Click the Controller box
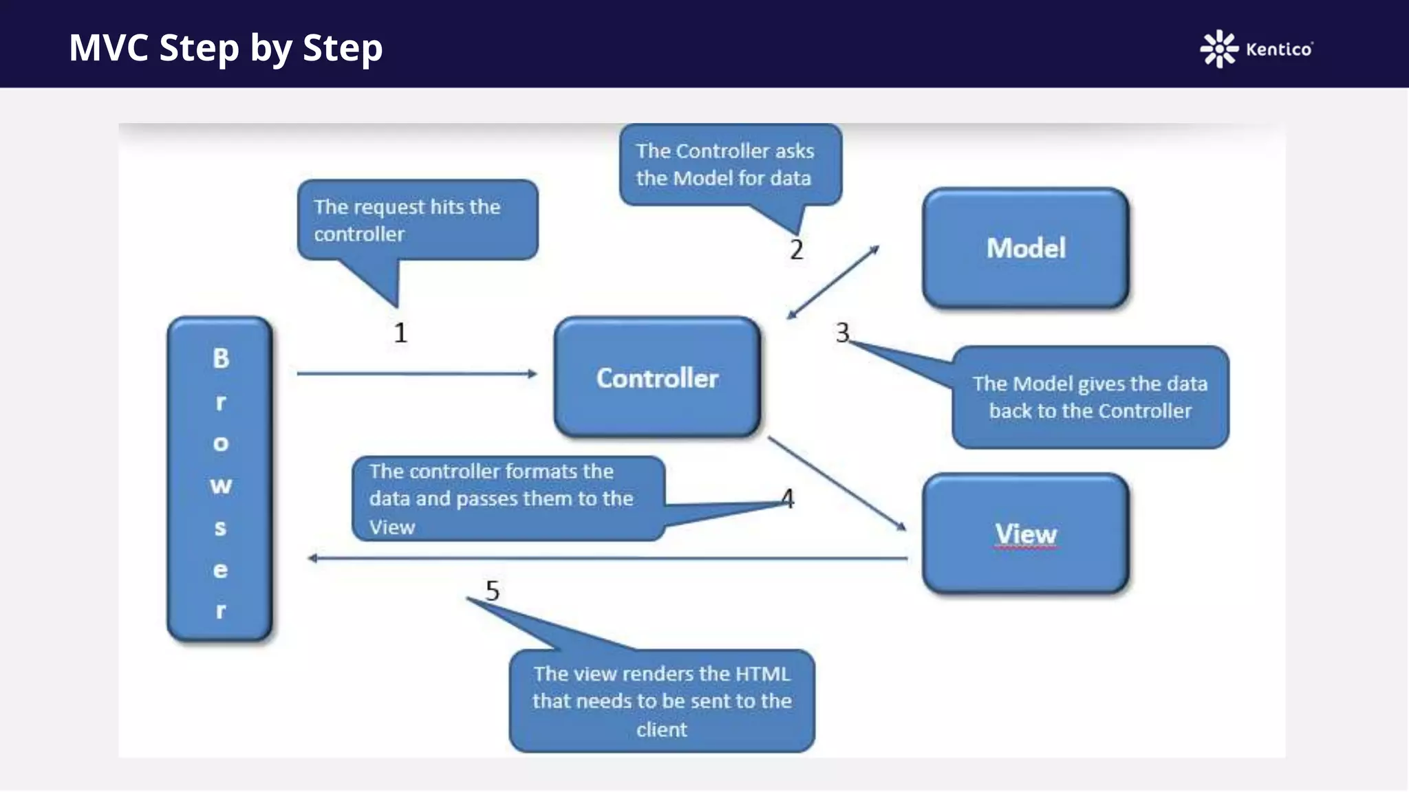tap(657, 377)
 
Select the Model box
tap(1025, 247)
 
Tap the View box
tap(1025, 533)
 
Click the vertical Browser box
tap(220, 479)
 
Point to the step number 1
tap(400, 333)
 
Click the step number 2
tap(797, 250)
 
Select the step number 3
tap(842, 333)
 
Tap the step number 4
tap(788, 498)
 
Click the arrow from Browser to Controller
tap(416, 374)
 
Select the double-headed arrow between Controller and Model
tap(833, 283)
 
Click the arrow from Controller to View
tap(837, 483)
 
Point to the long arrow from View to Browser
tap(605, 558)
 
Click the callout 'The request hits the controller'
tap(417, 220)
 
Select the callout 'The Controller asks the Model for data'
tap(729, 164)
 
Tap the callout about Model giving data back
tap(1090, 397)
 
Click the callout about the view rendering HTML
tap(661, 701)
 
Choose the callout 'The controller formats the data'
tap(508, 498)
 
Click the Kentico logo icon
tap(1218, 49)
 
